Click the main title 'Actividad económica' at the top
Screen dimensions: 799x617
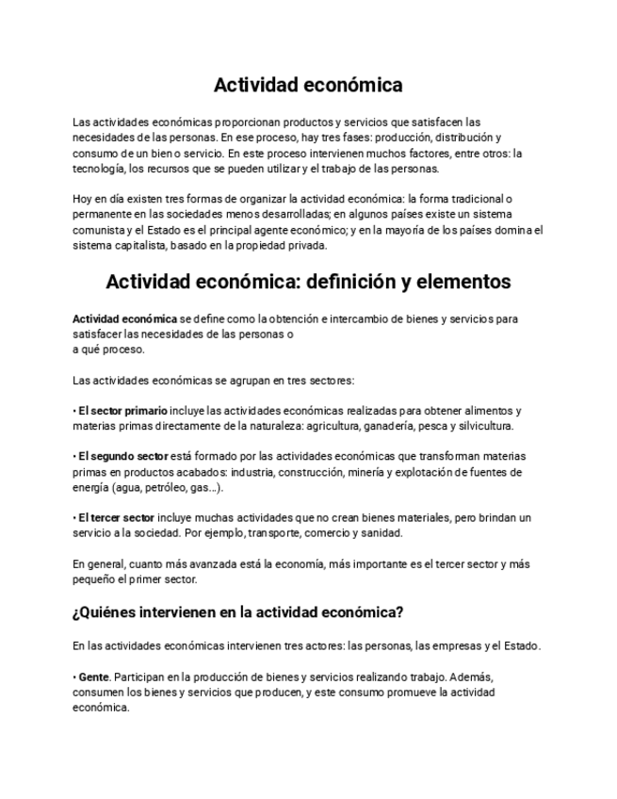pyautogui.click(x=308, y=86)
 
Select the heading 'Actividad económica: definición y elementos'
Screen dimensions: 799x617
pyautogui.click(x=308, y=282)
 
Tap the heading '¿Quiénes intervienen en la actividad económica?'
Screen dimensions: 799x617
pyautogui.click(x=237, y=612)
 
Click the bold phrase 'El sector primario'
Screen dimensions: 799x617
pyautogui.click(x=122, y=411)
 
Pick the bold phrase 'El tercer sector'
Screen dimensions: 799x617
pyautogui.click(x=116, y=518)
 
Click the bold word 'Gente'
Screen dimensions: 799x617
pyautogui.click(x=94, y=677)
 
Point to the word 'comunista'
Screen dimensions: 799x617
pyautogui.click(x=99, y=230)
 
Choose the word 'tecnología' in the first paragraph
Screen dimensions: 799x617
pyautogui.click(x=98, y=169)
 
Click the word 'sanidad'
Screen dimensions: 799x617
pyautogui.click(x=382, y=533)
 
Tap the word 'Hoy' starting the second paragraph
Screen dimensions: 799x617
pyautogui.click(x=82, y=200)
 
